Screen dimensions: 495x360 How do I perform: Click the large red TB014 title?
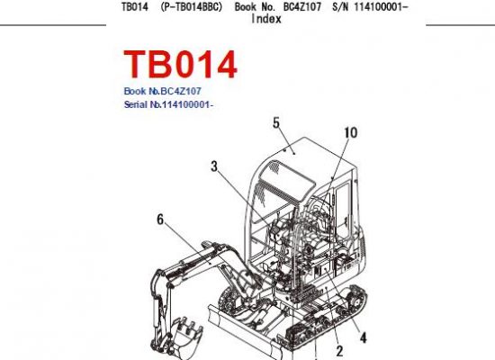(180, 65)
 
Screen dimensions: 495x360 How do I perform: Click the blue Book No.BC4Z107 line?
(162, 91)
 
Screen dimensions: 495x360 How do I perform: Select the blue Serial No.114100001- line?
(168, 104)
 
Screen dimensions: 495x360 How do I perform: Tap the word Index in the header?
(266, 19)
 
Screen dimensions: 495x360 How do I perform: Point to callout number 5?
(276, 123)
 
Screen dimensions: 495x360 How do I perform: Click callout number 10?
(350, 132)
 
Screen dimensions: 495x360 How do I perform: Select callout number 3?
(214, 166)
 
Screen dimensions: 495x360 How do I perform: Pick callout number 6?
(160, 220)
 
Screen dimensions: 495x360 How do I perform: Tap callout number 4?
(364, 337)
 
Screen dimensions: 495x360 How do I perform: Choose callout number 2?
(339, 351)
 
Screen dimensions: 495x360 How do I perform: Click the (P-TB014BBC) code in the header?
(192, 7)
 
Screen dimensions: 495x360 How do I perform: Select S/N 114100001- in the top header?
(370, 7)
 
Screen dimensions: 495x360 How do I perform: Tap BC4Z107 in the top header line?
(302, 7)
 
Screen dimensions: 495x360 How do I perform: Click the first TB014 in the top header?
(135, 7)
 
